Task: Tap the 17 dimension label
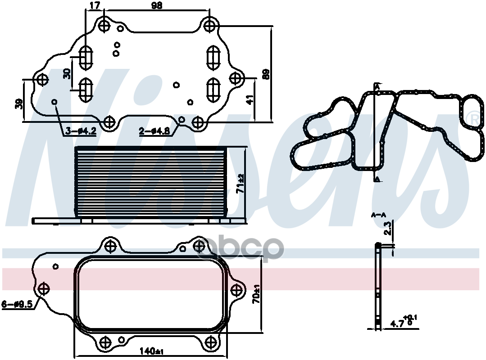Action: click(95, 6)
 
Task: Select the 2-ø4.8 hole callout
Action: click(154, 131)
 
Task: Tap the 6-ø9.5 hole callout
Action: click(18, 304)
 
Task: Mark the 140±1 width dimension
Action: click(151, 350)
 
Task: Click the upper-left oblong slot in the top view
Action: click(86, 57)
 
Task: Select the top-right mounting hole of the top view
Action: click(209, 25)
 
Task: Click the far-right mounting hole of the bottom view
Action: click(236, 288)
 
